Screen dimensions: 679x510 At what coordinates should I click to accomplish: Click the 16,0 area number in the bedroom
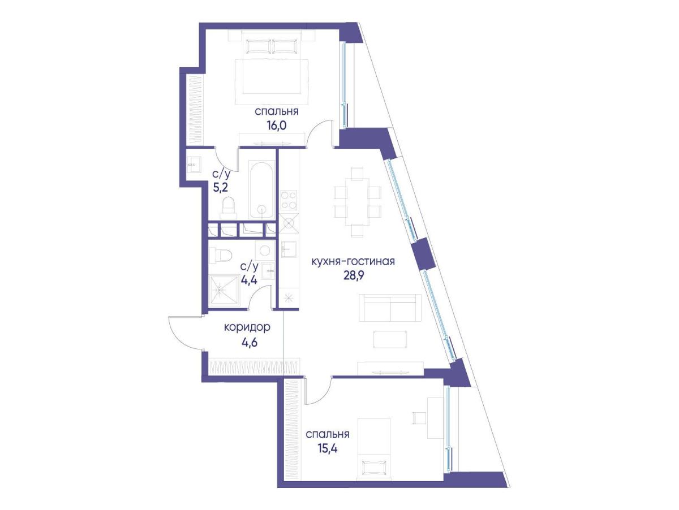click(276, 126)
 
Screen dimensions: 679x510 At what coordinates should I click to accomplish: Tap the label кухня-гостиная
click(353, 261)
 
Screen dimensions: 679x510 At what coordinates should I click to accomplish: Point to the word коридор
click(247, 327)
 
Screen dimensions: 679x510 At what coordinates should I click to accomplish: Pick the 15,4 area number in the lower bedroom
click(327, 448)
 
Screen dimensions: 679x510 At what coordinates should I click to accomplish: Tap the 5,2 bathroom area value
click(221, 188)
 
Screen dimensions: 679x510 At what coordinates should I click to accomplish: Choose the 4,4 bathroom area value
click(249, 280)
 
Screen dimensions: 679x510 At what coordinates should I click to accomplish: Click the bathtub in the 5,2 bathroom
click(261, 189)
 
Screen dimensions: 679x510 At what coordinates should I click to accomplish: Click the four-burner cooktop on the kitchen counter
click(289, 200)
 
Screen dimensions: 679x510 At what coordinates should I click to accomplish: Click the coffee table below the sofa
click(390, 339)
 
